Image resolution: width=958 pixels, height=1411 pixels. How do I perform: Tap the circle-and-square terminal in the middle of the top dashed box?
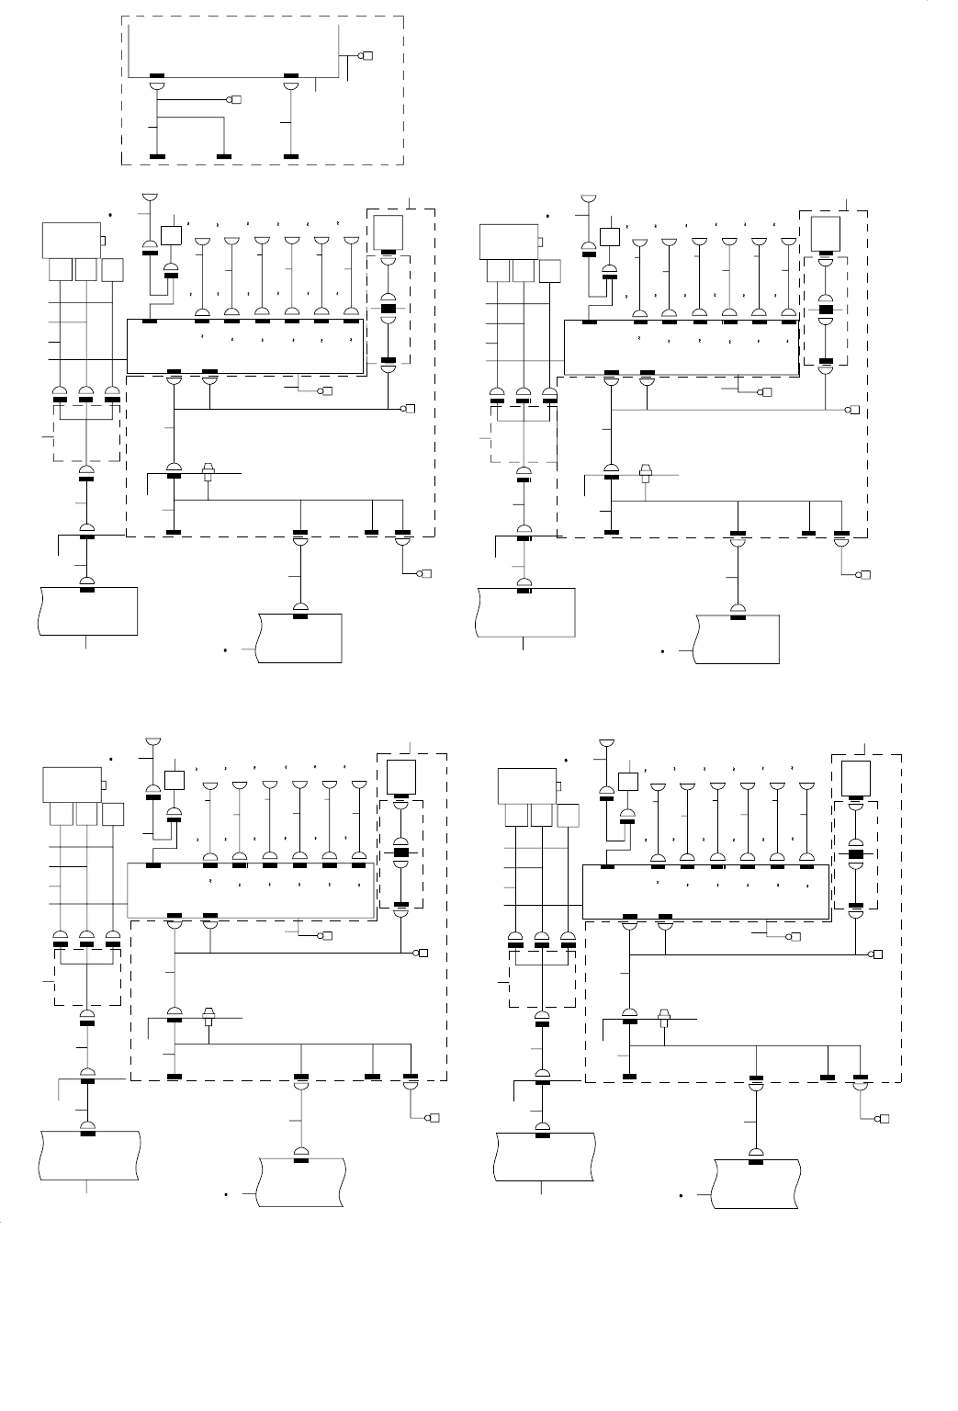tap(233, 99)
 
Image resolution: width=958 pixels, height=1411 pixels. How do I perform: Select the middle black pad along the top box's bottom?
tap(291, 75)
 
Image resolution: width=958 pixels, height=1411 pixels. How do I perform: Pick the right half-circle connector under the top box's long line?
tap(291, 85)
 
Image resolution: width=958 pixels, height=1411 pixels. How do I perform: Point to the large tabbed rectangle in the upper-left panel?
tap(72, 240)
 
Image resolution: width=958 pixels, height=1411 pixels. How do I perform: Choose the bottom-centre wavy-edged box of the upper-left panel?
tap(300, 638)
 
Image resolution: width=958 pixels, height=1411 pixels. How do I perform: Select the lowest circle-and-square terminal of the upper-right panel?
tap(862, 576)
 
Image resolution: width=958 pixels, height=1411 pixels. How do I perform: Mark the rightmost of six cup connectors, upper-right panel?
tap(788, 242)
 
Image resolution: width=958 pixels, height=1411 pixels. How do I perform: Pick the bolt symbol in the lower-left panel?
tap(209, 1018)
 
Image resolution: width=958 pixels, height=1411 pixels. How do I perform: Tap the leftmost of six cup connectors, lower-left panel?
tap(210, 786)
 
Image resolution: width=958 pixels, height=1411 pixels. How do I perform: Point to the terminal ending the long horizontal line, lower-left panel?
tap(423, 954)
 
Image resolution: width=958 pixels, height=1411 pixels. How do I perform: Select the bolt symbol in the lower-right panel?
tap(663, 1017)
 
